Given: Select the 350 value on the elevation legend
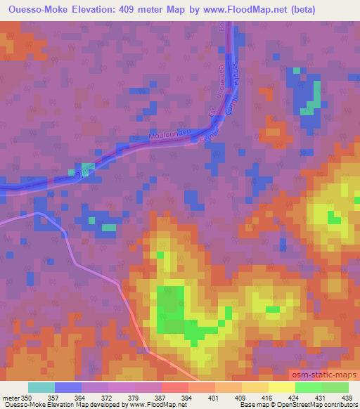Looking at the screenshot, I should pyautogui.click(x=27, y=398).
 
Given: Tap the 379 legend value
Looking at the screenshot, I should pyautogui.click(x=134, y=398).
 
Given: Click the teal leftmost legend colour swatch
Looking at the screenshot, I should pyautogui.click(x=41, y=388).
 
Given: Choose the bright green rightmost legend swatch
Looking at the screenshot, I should pyautogui.click(x=335, y=388).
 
